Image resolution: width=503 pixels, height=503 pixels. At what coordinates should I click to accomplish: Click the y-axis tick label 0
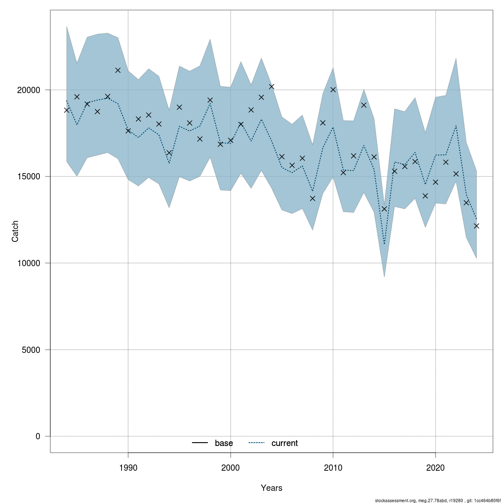pyautogui.click(x=38, y=436)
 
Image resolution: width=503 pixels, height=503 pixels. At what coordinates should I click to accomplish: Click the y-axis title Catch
pyautogui.click(x=16, y=231)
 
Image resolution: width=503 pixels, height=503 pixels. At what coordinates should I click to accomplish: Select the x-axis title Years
pyautogui.click(x=271, y=488)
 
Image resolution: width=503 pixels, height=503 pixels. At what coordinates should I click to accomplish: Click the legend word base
pyautogui.click(x=224, y=443)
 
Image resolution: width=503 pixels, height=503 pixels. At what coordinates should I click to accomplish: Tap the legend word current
pyautogui.click(x=285, y=443)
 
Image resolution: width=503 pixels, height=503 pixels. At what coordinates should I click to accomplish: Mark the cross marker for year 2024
pyautogui.click(x=476, y=226)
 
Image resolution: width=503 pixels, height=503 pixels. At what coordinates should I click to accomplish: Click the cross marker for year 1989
pyautogui.click(x=118, y=70)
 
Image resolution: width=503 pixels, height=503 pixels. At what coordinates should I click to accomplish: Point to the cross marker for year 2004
pyautogui.click(x=272, y=86)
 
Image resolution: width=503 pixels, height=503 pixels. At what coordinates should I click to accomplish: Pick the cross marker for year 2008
pyautogui.click(x=312, y=198)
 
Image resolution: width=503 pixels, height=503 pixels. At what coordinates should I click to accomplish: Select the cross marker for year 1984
pyautogui.click(x=67, y=110)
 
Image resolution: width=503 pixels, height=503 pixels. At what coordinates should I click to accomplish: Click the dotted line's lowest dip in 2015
pyautogui.click(x=384, y=244)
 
